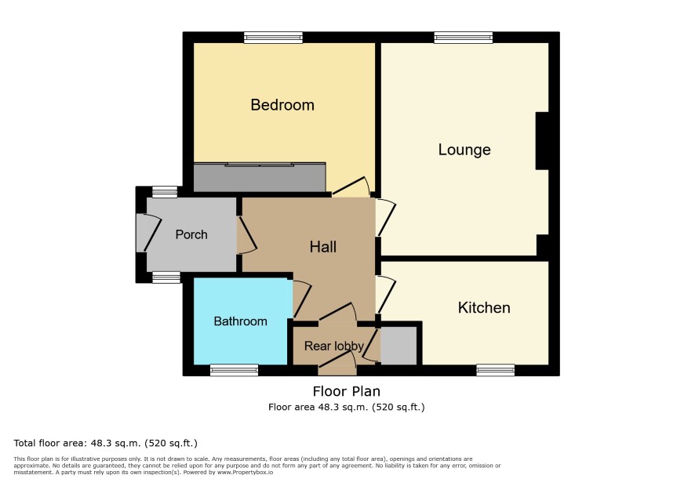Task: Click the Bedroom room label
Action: (282, 105)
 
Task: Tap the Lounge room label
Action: (464, 150)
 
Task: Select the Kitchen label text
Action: (484, 307)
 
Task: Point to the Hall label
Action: (323, 247)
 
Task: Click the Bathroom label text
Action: (240, 321)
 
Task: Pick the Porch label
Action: (191, 234)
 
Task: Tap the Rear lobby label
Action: (333, 346)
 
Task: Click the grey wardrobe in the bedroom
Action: (260, 178)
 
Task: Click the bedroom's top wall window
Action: (274, 38)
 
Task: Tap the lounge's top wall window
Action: (464, 38)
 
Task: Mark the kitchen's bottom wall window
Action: (496, 370)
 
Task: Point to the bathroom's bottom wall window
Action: (234, 370)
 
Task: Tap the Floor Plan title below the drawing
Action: (347, 391)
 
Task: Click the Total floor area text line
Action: (105, 443)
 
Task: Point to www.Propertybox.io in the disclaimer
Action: (245, 472)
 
